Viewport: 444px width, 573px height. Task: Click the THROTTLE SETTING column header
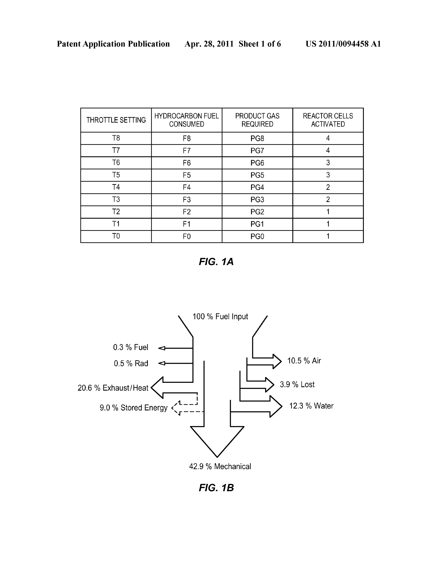tap(116, 120)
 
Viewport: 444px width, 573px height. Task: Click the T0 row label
tap(116, 236)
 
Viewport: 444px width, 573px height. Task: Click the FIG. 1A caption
tap(216, 261)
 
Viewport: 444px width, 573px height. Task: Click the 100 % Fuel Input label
tap(220, 316)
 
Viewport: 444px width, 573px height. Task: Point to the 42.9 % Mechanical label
tap(220, 466)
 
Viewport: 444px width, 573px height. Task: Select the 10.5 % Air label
tap(304, 361)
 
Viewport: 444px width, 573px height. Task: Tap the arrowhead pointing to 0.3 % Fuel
tap(162, 348)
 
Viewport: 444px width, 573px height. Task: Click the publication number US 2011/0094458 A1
tap(343, 44)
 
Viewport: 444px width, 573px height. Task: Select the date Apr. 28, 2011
tap(209, 44)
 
